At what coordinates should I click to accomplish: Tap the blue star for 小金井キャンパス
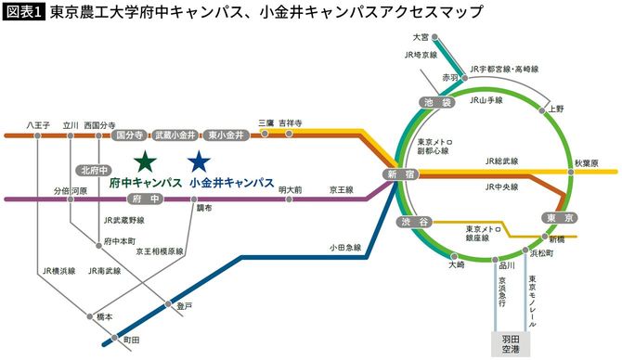coord(197,161)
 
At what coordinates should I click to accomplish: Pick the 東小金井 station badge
coord(226,135)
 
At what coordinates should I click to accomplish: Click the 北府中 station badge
coord(95,170)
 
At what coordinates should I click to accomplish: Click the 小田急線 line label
coord(343,248)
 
